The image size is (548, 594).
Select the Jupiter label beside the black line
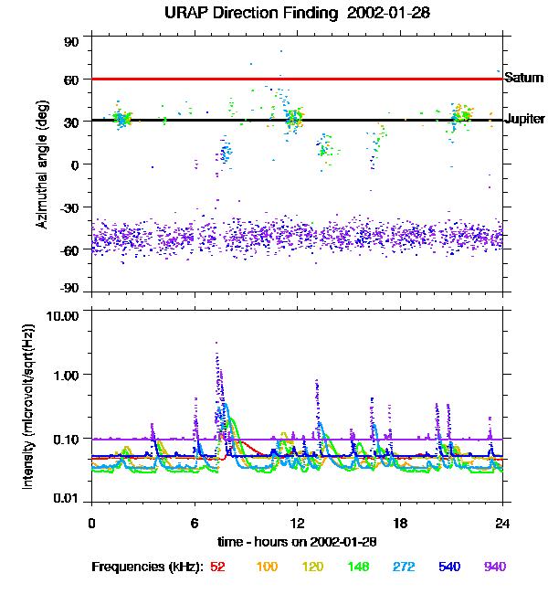pos(524,120)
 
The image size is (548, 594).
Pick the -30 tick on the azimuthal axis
pos(69,207)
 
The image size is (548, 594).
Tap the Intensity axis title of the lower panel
pos(28,406)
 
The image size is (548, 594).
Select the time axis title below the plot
pos(298,541)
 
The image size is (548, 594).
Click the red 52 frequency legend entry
pos(217,567)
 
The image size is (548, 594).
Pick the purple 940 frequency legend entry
pos(494,567)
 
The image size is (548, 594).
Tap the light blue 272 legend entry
pos(402,567)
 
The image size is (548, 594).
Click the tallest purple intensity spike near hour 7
pos(216,344)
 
